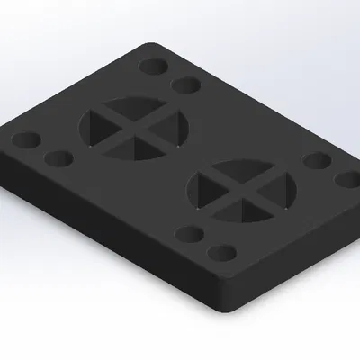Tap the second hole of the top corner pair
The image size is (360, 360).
[185, 85]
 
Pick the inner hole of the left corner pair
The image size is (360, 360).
[58, 159]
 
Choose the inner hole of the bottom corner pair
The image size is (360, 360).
[190, 236]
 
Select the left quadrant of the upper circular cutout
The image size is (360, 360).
[101, 124]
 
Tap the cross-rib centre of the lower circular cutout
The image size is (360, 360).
[244, 192]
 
